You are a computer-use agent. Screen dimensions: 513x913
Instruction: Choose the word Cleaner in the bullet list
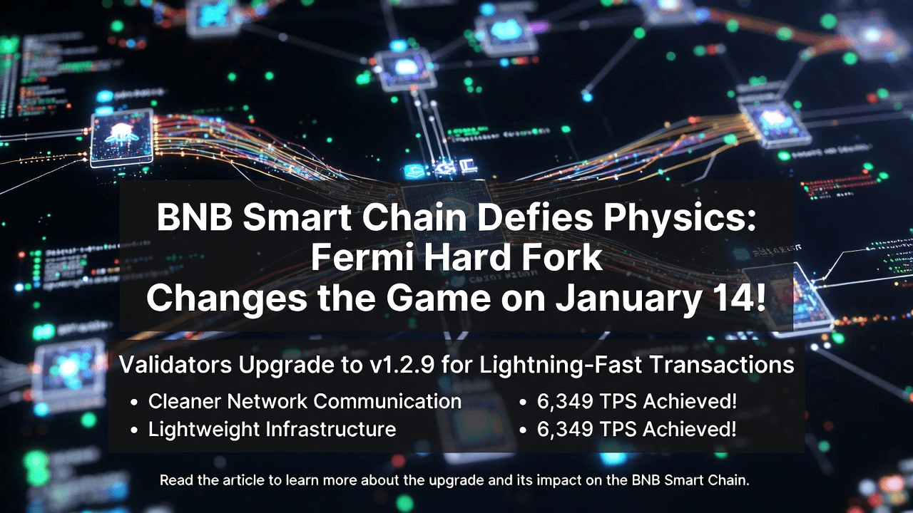pyautogui.click(x=185, y=401)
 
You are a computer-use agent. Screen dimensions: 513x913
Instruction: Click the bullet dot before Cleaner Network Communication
pyautogui.click(x=134, y=403)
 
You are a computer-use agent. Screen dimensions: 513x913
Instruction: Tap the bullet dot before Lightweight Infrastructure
pyautogui.click(x=134, y=430)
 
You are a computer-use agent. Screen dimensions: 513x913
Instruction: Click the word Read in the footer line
pyautogui.click(x=173, y=480)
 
